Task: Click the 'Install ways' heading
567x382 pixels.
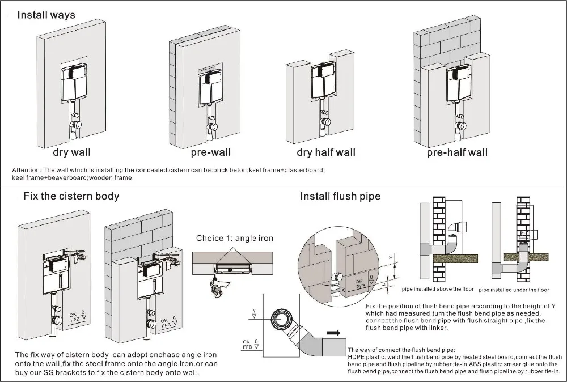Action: (x=46, y=15)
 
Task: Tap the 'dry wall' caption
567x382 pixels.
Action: (x=71, y=152)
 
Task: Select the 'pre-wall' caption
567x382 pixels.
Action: (x=211, y=152)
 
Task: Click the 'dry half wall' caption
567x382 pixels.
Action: (x=326, y=152)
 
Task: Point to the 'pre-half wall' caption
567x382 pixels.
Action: (x=457, y=152)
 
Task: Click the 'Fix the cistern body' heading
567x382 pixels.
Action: (x=71, y=196)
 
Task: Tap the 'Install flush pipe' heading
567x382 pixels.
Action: (x=340, y=196)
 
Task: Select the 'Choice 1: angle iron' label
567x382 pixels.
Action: (x=235, y=238)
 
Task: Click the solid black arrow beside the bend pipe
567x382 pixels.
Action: (x=333, y=333)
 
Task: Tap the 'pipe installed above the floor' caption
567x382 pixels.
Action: (x=438, y=289)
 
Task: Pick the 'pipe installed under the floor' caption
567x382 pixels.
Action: (x=514, y=290)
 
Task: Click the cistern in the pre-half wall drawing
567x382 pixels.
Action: (x=459, y=84)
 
